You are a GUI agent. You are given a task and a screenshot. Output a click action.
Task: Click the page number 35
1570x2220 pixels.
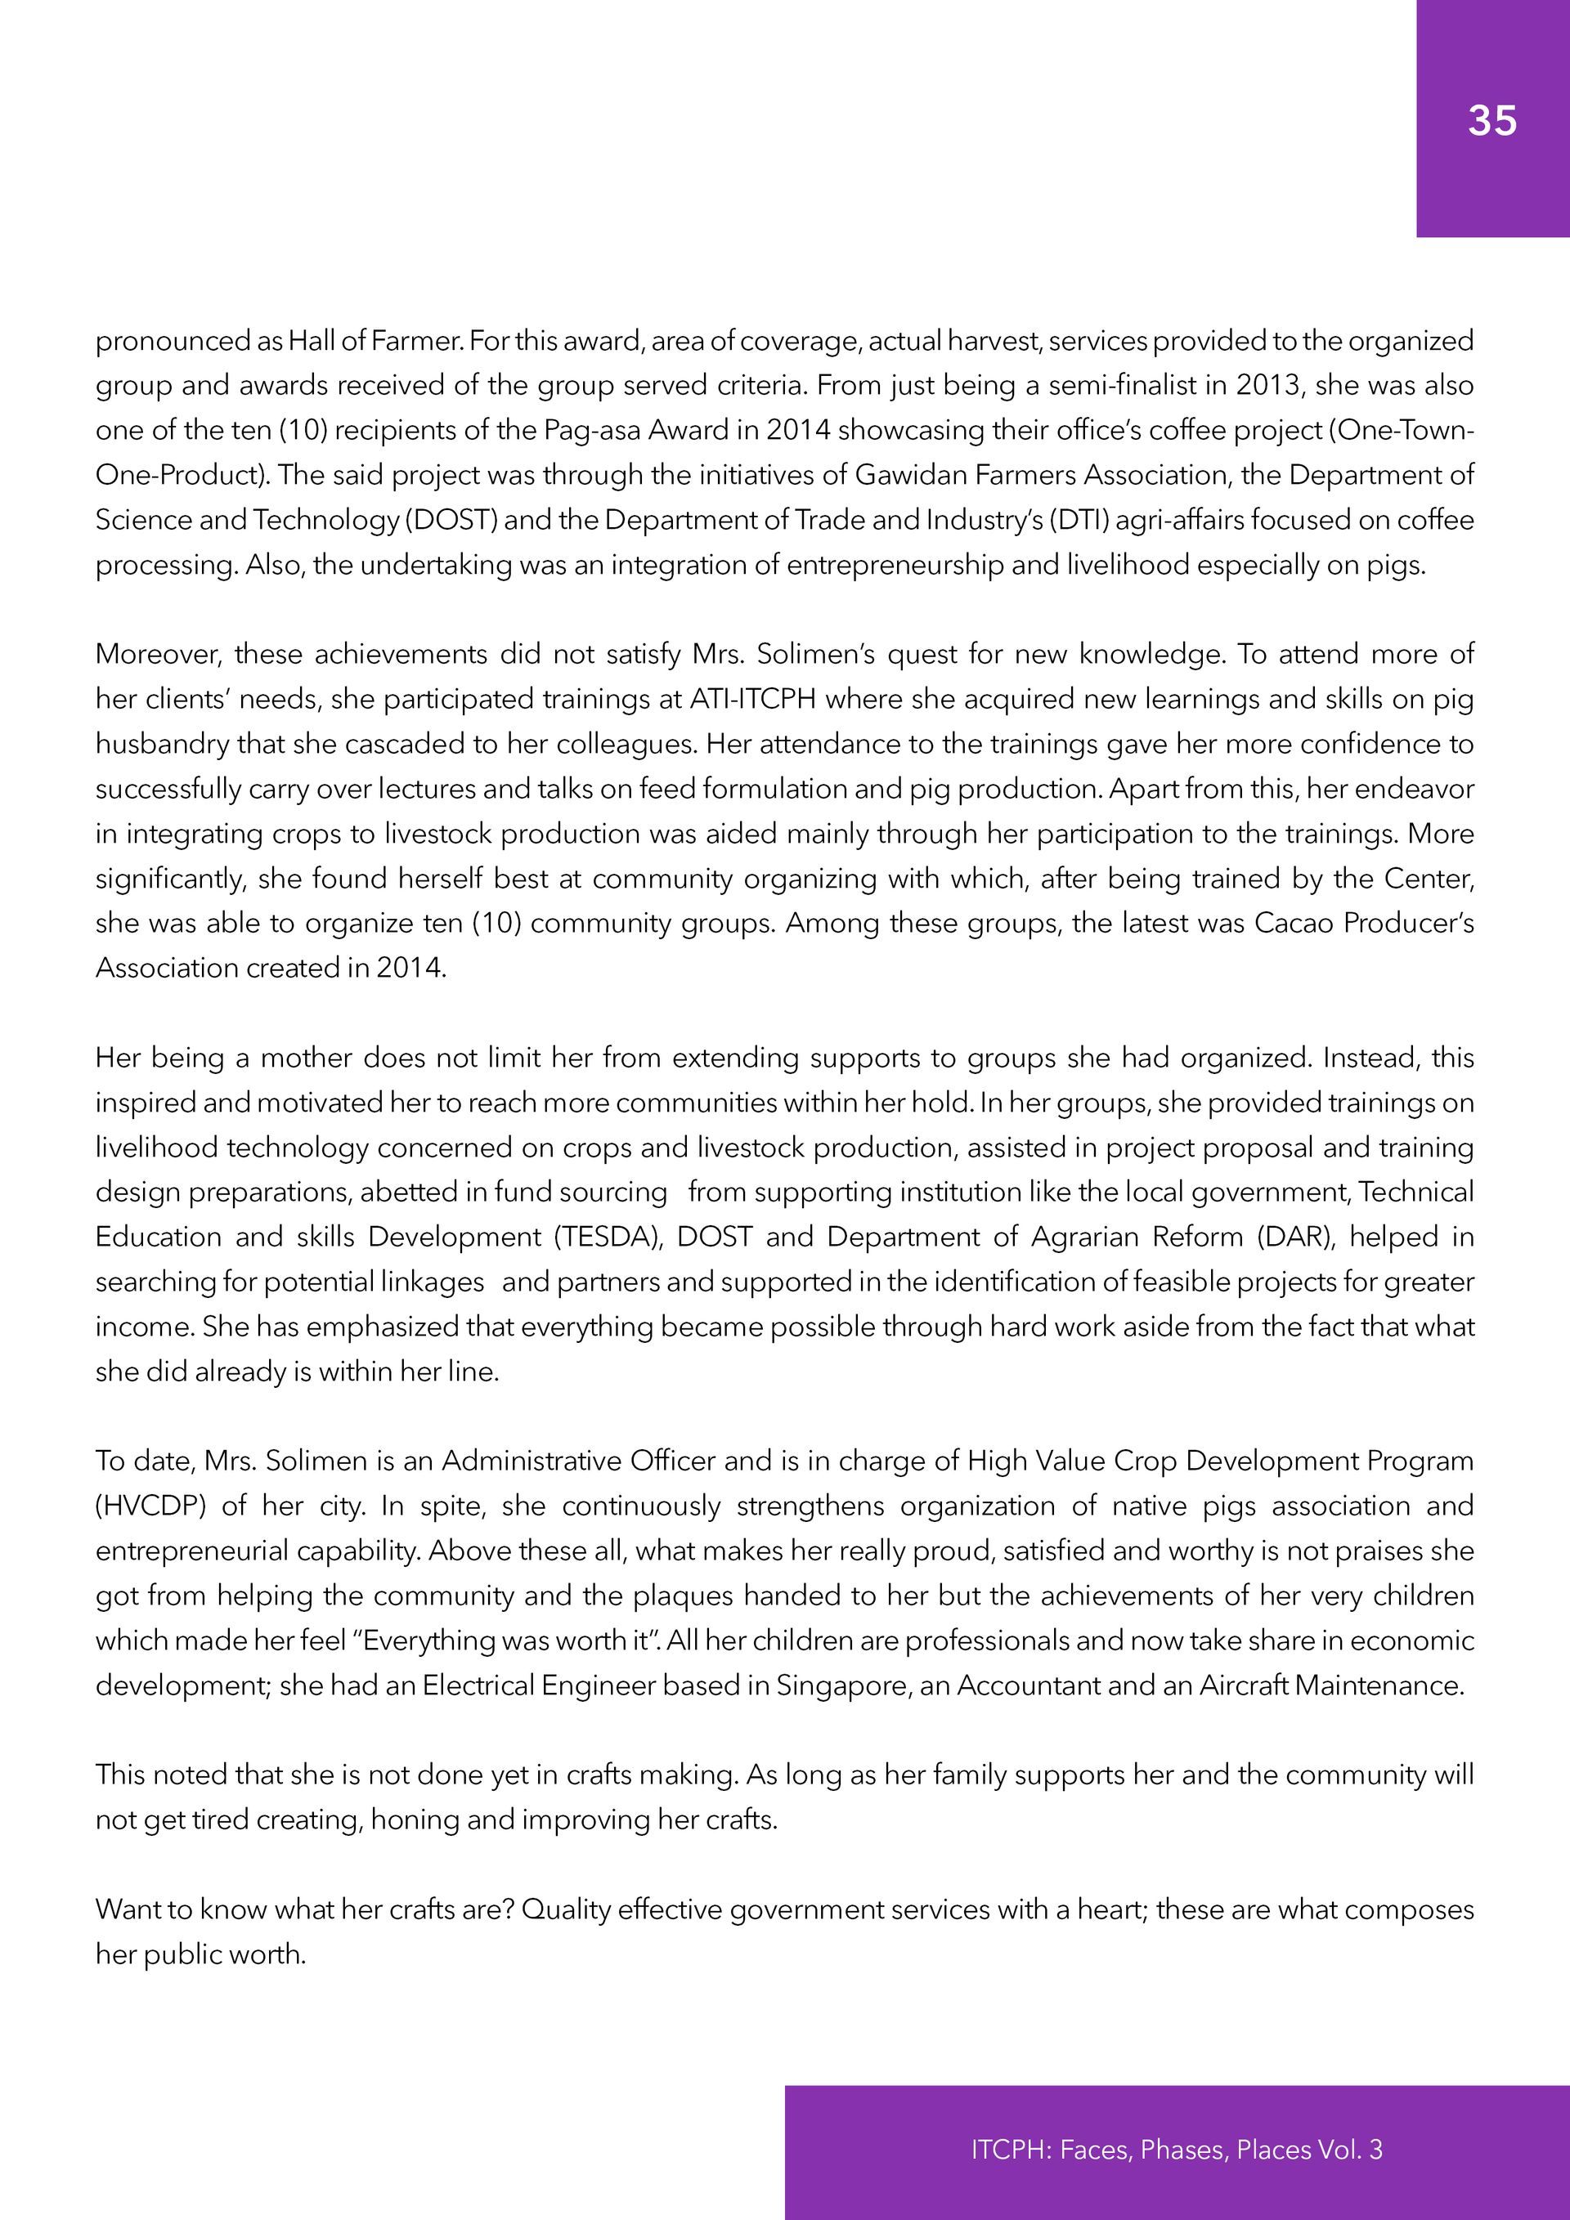click(1491, 121)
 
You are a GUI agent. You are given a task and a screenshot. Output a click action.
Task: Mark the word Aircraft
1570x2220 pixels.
click(1243, 1685)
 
